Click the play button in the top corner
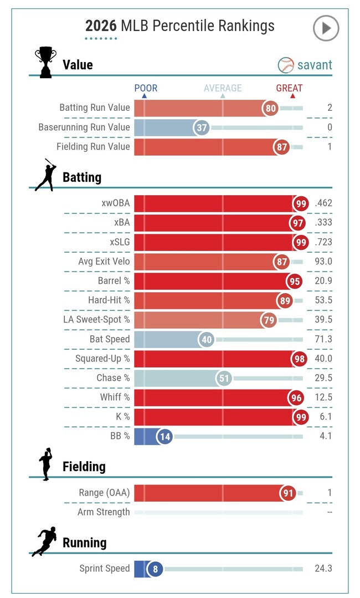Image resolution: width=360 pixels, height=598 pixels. tap(326, 28)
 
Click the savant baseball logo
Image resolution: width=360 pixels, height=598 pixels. tap(286, 65)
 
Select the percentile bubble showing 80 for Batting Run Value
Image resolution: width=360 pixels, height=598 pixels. tap(271, 108)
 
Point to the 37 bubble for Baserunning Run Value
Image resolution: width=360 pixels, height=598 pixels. tap(202, 127)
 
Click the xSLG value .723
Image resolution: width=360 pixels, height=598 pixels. tap(322, 242)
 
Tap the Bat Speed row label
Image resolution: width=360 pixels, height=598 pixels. tap(110, 339)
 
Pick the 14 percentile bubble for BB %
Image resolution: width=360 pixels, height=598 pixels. tap(164, 436)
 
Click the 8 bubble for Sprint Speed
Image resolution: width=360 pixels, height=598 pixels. tap(155, 569)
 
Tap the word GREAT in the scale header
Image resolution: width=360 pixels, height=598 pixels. tap(289, 88)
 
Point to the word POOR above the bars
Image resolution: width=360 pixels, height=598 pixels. tap(146, 88)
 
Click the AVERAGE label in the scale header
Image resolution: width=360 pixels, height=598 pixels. tap(223, 88)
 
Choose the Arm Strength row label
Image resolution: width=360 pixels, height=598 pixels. tap(104, 512)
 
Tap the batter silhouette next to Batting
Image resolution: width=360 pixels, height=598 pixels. tap(45, 175)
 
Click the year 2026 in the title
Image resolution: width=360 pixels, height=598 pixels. tap(100, 26)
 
